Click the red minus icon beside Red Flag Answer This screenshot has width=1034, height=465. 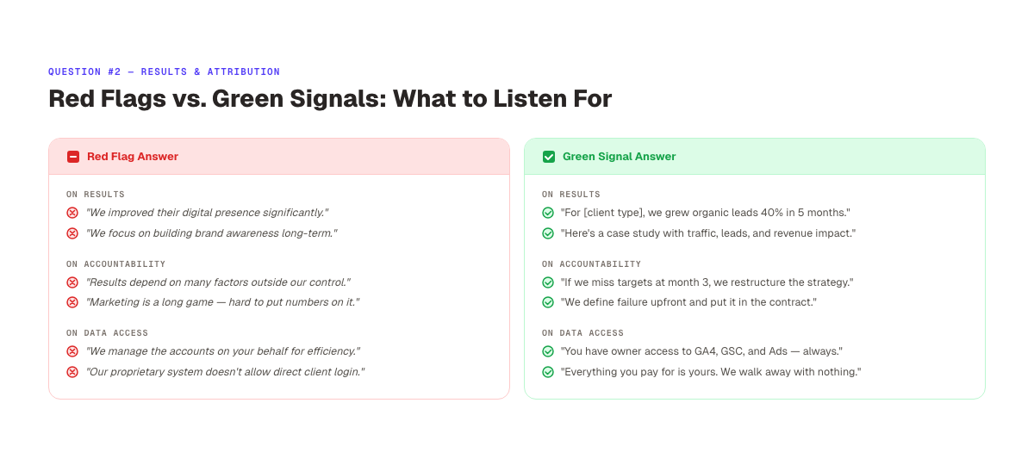[73, 157]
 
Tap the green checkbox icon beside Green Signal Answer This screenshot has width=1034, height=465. [549, 157]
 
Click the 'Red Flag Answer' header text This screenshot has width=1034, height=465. [133, 157]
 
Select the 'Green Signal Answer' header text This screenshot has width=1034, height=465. [619, 157]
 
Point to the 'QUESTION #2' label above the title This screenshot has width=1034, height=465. [84, 72]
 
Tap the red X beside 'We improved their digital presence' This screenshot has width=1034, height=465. [72, 213]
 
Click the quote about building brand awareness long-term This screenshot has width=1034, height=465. [211, 233]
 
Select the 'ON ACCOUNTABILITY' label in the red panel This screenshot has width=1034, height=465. [115, 264]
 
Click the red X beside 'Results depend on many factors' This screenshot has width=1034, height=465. [72, 282]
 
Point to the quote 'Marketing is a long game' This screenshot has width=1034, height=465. [222, 302]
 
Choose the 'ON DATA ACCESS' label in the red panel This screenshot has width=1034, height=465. [107, 333]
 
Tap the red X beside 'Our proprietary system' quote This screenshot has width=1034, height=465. [72, 372]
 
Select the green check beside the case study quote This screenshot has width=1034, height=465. [548, 233]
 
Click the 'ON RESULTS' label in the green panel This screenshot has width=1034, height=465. [570, 195]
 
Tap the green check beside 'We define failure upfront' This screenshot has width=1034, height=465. [548, 302]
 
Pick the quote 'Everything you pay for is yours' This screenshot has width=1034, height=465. [711, 372]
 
